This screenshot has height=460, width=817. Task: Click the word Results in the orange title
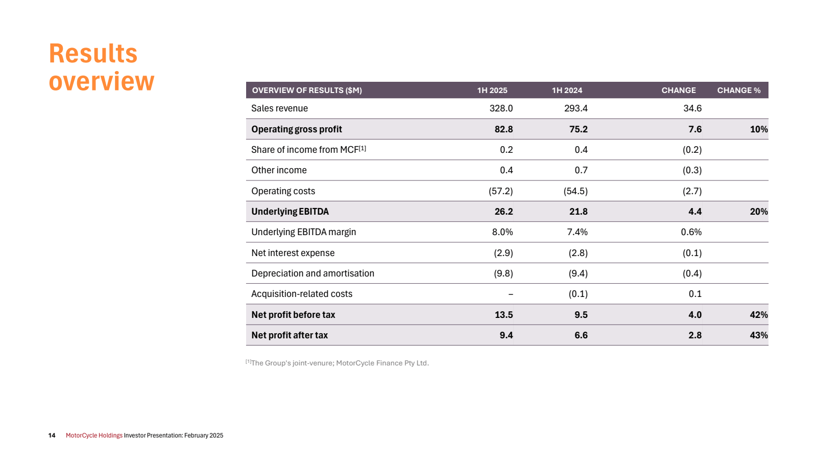coord(93,54)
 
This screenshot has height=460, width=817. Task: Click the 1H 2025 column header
coord(492,90)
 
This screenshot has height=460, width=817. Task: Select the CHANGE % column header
coord(738,90)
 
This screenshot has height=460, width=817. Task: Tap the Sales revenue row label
coord(279,108)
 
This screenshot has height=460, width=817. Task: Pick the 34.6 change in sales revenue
coord(692,108)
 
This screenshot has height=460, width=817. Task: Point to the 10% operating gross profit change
coord(758,129)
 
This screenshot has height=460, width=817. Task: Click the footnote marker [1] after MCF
coord(363,148)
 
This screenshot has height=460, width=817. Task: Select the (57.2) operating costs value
coord(500,191)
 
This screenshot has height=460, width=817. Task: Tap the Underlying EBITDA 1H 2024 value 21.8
coord(578,212)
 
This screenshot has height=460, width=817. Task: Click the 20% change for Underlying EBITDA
coord(758,212)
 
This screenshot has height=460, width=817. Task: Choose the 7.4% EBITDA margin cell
coord(577,232)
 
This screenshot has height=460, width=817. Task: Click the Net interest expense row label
coord(293,253)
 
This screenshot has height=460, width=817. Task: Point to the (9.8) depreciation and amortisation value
coord(503,273)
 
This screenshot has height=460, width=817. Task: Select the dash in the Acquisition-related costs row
coord(511,294)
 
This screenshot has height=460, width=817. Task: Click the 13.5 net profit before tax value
coord(503,315)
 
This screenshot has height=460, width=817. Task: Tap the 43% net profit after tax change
coord(758,335)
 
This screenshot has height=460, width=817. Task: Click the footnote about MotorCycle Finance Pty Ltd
coord(340,363)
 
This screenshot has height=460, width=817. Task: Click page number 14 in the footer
coord(52,435)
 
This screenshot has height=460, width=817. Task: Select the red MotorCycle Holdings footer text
coord(94,435)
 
